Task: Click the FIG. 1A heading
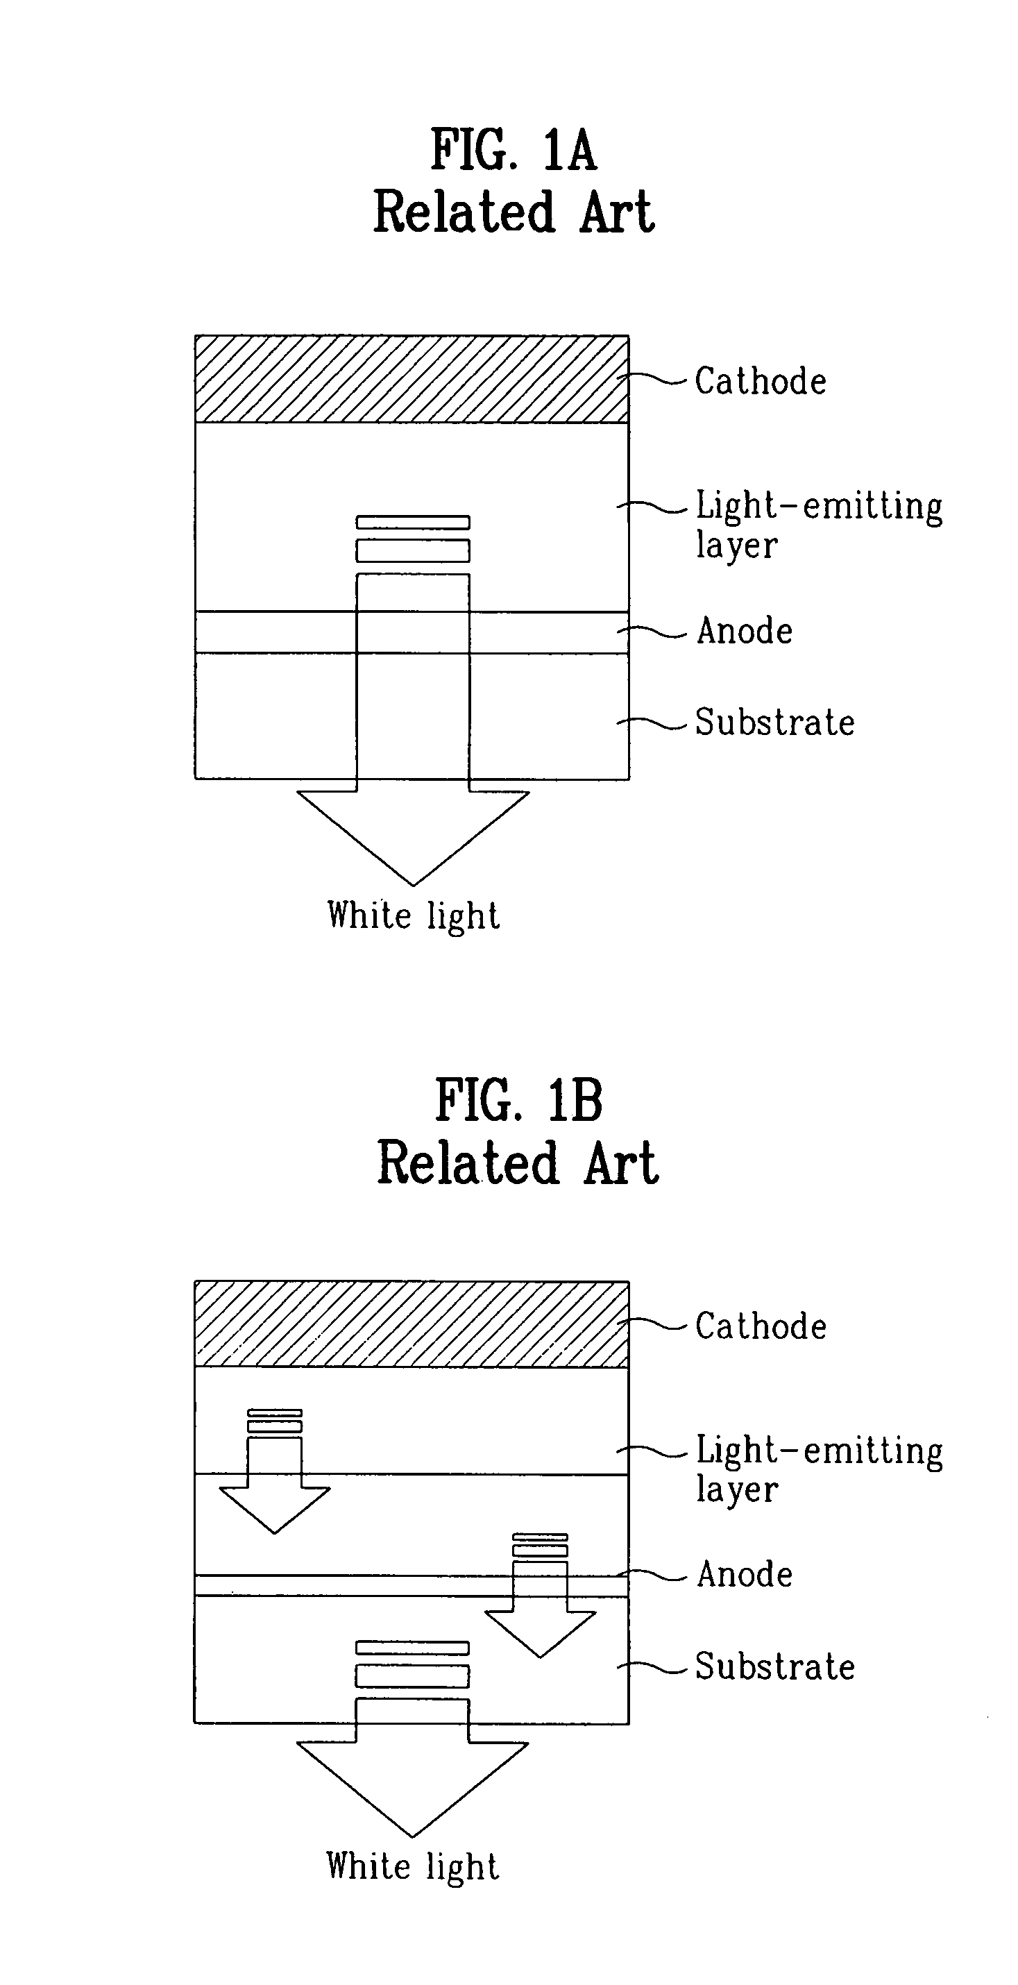tap(514, 149)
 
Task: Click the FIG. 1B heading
tap(518, 1099)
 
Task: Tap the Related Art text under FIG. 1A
tap(514, 212)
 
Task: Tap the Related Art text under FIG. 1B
tap(518, 1163)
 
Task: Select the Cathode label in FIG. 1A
tap(761, 382)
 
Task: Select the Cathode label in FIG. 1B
tap(761, 1327)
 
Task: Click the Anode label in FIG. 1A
tap(745, 631)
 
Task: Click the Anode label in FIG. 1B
tap(745, 1574)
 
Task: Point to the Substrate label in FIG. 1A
tap(774, 723)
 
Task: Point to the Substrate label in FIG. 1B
tap(774, 1666)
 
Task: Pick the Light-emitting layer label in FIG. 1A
tap(818, 524)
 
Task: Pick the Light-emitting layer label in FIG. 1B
tap(818, 1469)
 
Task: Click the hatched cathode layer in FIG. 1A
tap(412, 379)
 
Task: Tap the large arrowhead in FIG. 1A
tap(413, 829)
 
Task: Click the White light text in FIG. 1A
tap(413, 916)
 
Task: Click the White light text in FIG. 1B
tap(413, 1867)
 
